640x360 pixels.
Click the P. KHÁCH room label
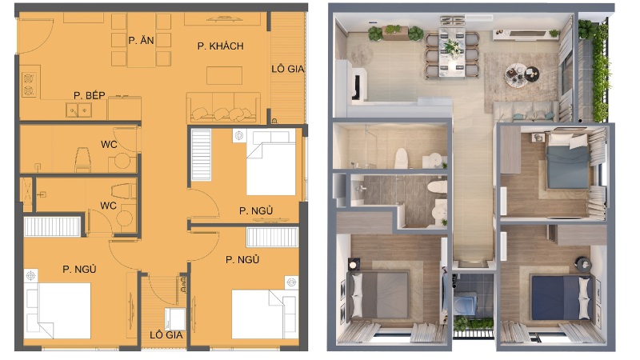220,46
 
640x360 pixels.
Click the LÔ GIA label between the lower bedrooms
166,334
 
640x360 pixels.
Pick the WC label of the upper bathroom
109,145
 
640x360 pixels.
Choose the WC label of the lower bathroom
108,206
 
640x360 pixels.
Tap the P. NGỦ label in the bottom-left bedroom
79,269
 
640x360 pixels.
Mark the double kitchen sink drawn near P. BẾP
78,109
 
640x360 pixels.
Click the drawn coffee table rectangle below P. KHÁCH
224,75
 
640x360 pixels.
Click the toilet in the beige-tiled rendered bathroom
401,157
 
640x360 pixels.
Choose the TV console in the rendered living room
524,34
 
